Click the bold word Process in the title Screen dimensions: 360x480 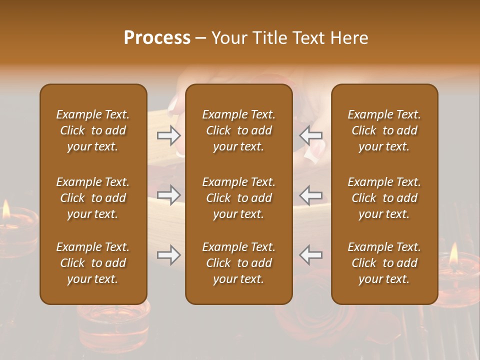coord(157,38)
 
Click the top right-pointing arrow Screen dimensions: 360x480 coord(168,135)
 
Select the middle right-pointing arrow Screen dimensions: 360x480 coord(168,194)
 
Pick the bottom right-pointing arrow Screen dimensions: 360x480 coord(168,255)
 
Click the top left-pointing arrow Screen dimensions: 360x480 coord(311,135)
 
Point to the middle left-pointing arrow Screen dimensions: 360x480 coord(311,194)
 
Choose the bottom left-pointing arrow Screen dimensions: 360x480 coord(311,255)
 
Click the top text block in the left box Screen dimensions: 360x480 coord(93,130)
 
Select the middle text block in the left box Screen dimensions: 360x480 coord(93,198)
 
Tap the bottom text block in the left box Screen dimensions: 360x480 coord(93,263)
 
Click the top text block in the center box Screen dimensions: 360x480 coord(239,130)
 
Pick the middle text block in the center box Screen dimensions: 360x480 coord(239,198)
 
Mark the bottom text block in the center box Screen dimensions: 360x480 coord(239,263)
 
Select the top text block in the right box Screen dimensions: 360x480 coord(384,130)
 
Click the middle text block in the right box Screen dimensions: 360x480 coord(384,198)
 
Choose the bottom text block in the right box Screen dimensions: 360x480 coord(384,263)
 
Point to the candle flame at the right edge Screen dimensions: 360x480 coord(453,254)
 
